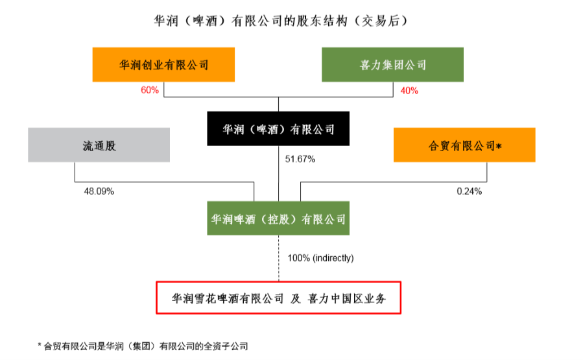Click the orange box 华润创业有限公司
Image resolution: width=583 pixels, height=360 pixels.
coord(163,65)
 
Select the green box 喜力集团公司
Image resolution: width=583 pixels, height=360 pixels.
coord(393,65)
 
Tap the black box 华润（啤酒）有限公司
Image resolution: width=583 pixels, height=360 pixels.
coord(278,129)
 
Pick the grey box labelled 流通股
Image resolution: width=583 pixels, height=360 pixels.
coord(99,145)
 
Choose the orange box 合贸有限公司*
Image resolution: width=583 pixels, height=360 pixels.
coord(464,145)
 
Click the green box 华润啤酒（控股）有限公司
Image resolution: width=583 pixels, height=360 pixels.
coord(278,219)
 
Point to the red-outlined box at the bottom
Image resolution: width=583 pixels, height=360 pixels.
coord(278,298)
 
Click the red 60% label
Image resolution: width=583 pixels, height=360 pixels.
coord(150,90)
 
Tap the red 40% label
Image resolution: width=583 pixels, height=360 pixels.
coord(409,90)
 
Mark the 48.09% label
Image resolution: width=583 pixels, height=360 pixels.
coord(99,191)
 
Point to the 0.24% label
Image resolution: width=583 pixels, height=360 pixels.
coord(469,191)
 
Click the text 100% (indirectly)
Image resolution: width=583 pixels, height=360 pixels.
coord(320,258)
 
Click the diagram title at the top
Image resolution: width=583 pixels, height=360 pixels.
coord(279,21)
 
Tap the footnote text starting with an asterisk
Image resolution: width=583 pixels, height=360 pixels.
coord(143,346)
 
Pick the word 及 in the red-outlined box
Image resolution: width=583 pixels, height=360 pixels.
coord(296,298)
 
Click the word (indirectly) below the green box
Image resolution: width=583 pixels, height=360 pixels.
coord(333,258)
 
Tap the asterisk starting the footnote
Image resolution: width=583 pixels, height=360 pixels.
coord(40,346)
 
